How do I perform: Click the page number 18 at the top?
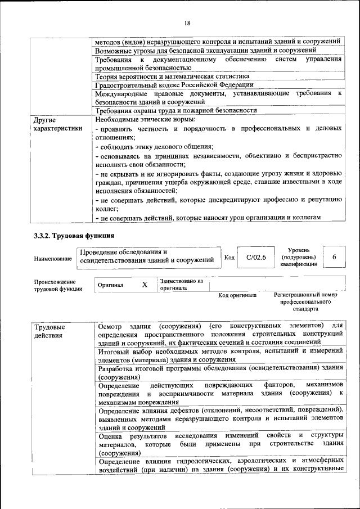tap(187, 23)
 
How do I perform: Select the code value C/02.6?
tap(256, 257)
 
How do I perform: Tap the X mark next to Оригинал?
tap(145, 285)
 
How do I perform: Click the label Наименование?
tap(53, 258)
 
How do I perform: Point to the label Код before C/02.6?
tap(229, 258)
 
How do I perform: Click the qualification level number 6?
tap(334, 257)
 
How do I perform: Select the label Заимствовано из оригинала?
tap(181, 285)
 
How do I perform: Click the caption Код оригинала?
tap(237, 295)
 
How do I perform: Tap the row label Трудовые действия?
tap(49, 331)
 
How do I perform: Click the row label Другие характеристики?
tap(57, 124)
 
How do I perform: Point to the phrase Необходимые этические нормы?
tap(145, 120)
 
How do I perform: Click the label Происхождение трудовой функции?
tap(55, 285)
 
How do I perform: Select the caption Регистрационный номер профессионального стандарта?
tap(305, 301)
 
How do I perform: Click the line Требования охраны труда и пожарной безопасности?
tap(176, 111)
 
